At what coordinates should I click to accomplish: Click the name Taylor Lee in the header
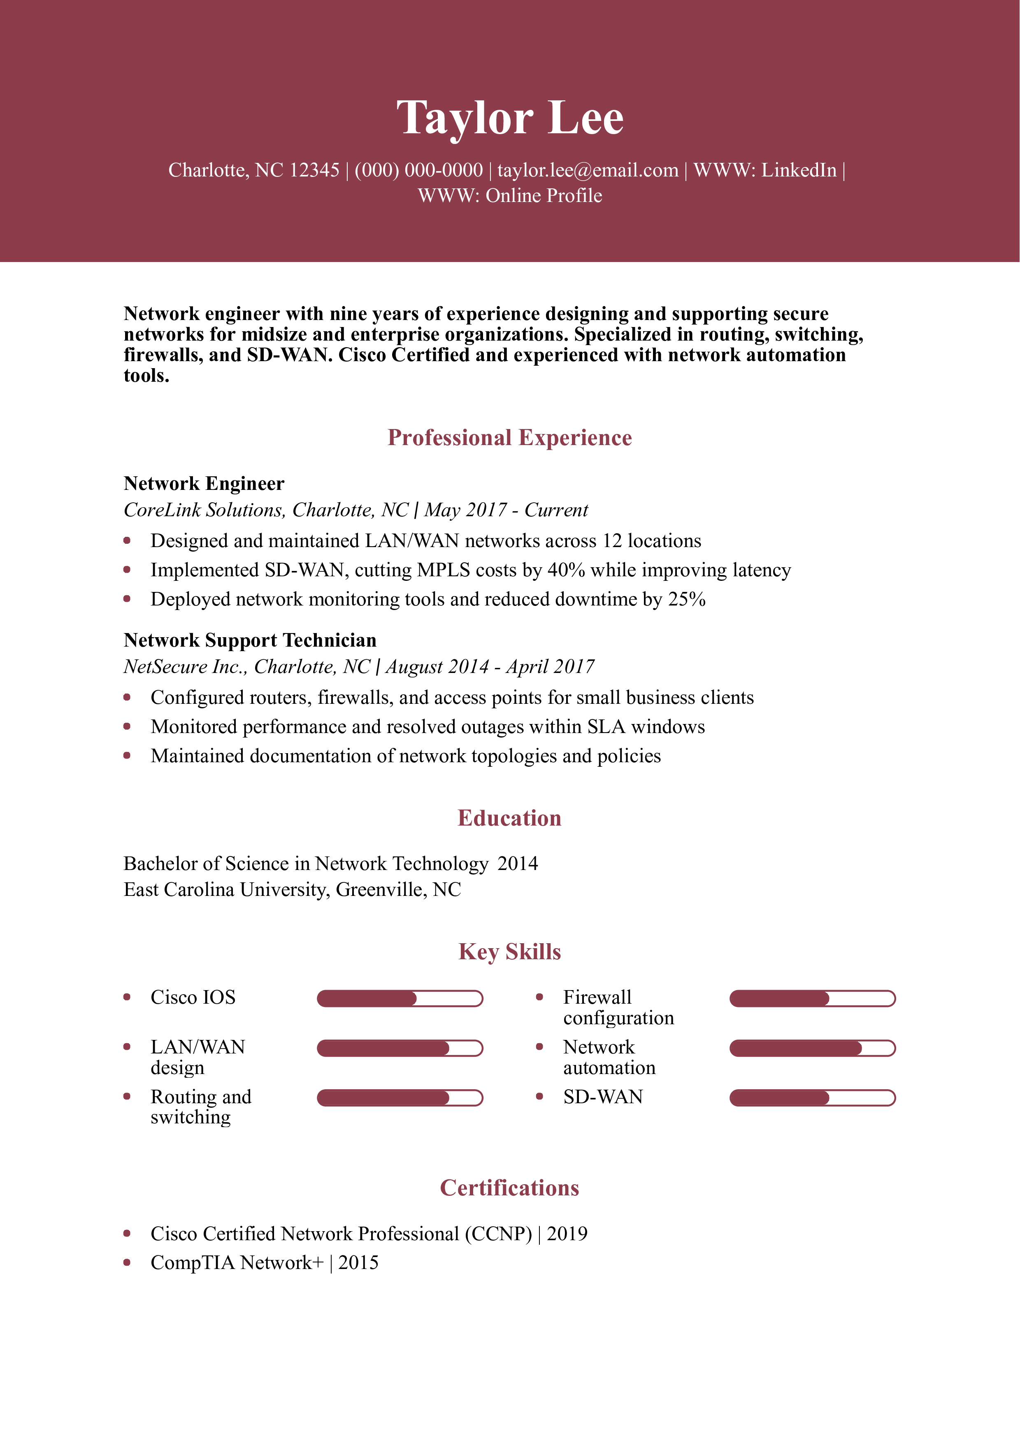510,118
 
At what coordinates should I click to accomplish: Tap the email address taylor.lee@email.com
588,170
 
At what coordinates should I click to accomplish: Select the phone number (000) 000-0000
418,170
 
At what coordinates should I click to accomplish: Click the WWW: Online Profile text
510,196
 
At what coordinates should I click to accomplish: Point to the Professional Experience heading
510,437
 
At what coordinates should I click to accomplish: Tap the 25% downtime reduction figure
686,599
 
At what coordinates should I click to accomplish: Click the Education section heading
510,818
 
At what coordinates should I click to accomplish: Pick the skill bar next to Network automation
812,1048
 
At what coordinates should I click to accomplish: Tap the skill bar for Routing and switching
400,1097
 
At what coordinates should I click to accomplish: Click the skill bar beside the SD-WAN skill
812,1097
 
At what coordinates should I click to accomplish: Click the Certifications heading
510,1188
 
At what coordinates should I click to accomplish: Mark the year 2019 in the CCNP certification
567,1234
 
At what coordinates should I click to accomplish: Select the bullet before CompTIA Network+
127,1262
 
